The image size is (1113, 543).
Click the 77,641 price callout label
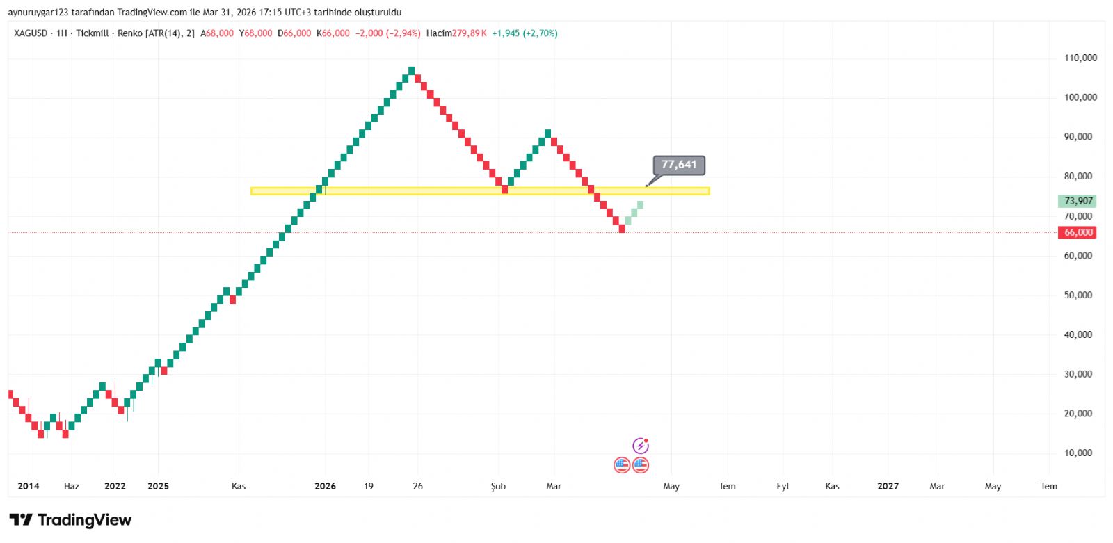(x=679, y=165)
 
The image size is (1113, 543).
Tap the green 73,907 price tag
(x=1078, y=201)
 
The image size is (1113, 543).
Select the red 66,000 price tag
(x=1078, y=233)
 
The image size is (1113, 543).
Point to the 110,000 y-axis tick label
(x=1080, y=58)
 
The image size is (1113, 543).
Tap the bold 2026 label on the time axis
(x=325, y=486)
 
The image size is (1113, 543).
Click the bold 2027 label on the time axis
(x=888, y=486)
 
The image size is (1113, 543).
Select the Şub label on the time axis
(x=498, y=486)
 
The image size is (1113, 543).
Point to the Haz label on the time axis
(x=72, y=486)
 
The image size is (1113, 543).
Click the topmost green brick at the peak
(x=412, y=70)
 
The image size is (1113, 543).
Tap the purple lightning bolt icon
(x=640, y=446)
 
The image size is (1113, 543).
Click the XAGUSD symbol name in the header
(x=31, y=33)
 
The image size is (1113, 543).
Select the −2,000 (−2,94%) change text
(x=387, y=33)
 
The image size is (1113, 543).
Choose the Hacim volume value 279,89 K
(x=469, y=33)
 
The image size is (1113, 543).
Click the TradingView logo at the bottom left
(x=70, y=520)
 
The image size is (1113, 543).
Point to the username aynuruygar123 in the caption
(x=38, y=13)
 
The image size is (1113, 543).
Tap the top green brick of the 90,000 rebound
(x=548, y=133)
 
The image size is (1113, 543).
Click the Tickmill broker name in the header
(x=92, y=33)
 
